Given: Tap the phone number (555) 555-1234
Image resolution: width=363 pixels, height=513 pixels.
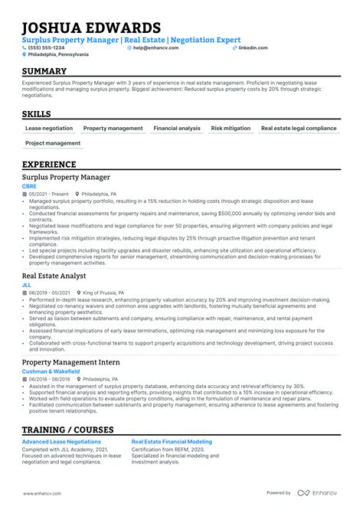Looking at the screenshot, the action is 48,47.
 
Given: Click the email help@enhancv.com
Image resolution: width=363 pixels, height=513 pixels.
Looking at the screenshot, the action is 155,47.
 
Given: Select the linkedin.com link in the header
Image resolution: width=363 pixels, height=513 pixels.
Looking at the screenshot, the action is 253,47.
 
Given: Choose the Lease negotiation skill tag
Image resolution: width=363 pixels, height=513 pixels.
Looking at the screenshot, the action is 49,129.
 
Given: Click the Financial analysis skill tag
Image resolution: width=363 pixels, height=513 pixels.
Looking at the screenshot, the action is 176,129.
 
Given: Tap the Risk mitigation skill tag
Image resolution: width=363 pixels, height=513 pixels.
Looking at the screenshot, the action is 231,129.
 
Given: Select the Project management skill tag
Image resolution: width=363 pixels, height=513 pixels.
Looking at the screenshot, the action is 52,143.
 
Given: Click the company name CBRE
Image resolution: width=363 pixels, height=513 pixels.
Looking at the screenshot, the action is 30,186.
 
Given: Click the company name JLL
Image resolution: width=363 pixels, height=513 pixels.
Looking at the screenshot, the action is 27,284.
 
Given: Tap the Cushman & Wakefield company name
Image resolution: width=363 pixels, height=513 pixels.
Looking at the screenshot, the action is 50,371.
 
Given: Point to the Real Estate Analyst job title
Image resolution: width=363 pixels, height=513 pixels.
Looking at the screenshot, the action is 54,275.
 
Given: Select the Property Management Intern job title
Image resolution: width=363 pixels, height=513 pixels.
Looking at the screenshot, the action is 70,361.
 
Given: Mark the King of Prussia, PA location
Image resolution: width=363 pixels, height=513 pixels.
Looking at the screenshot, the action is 107,292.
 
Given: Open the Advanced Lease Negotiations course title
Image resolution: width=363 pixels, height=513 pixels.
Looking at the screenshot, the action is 61,442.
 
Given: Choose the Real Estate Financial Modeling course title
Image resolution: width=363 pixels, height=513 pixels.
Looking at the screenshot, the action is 172,442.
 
